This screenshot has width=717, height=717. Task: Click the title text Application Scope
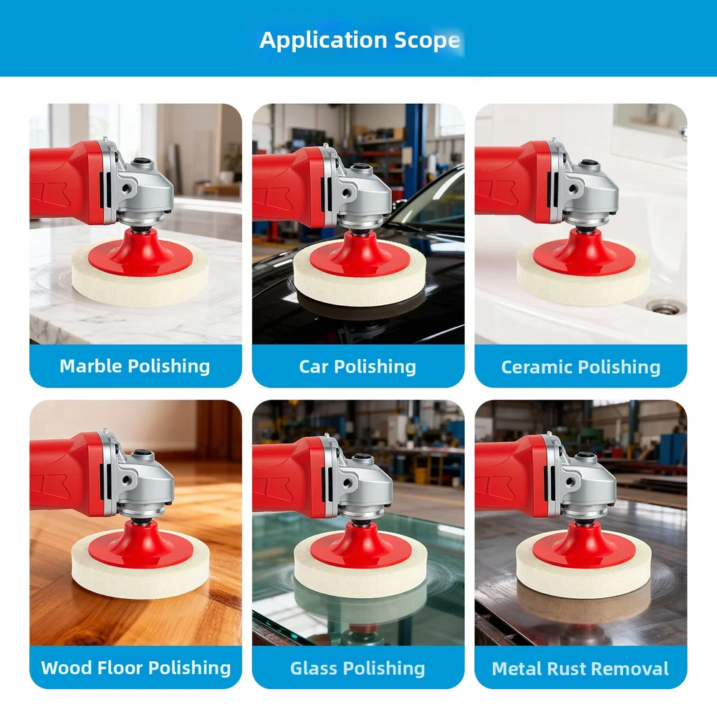359,40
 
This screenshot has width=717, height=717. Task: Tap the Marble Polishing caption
135,367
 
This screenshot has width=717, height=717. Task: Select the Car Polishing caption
357,367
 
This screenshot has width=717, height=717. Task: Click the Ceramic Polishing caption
580,367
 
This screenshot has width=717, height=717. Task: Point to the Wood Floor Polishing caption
136,668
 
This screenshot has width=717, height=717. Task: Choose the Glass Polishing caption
357,669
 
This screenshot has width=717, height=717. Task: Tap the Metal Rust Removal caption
580,669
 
